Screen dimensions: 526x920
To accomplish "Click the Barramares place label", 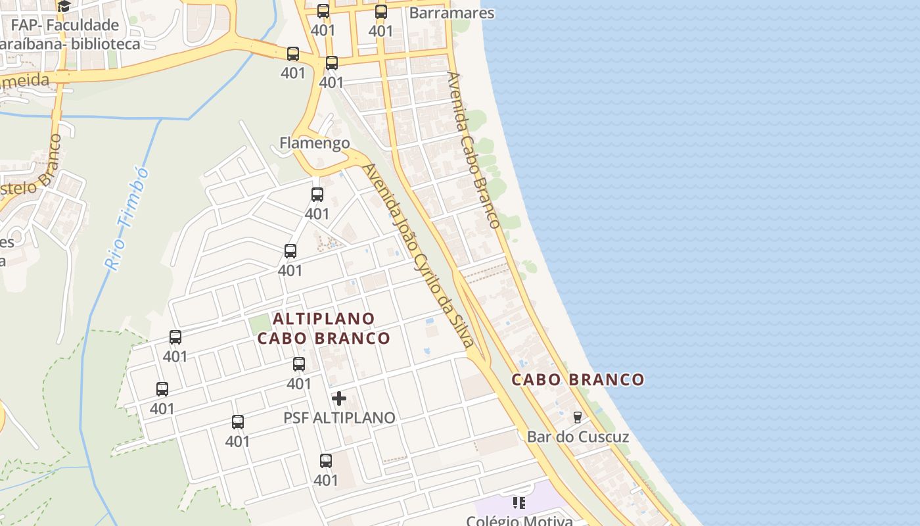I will [451, 13].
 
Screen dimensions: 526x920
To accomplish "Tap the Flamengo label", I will [314, 143].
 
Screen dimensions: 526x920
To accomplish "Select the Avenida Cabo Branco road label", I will [474, 149].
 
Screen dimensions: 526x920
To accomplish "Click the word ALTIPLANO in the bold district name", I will [324, 319].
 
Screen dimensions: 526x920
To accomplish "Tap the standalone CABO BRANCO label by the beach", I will [578, 380].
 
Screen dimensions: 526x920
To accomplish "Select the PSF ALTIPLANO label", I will [339, 418].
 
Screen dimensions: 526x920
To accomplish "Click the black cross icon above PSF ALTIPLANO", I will [339, 398].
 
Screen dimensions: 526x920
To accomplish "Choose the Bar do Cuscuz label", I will [578, 437].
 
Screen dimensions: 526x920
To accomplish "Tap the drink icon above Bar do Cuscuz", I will [578, 417].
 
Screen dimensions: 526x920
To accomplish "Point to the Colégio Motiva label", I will [519, 520].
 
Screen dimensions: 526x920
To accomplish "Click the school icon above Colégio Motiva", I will [519, 503].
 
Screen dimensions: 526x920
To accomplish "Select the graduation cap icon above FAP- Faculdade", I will [64, 7].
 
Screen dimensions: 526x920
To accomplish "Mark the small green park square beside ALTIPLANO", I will [260, 323].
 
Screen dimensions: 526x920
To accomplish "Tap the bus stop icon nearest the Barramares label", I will [381, 11].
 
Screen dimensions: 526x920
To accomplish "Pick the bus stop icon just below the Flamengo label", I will [317, 195].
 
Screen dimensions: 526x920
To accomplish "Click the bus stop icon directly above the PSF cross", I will [299, 364].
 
